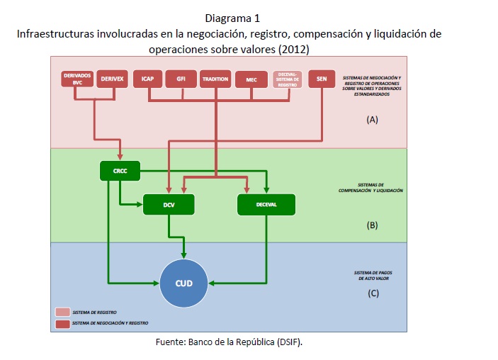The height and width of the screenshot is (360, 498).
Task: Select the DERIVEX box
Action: (111, 79)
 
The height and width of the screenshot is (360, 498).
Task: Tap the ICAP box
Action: (147, 79)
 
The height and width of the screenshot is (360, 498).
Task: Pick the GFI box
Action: (180, 79)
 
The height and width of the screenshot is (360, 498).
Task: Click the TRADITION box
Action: (215, 79)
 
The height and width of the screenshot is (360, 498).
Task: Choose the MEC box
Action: (251, 79)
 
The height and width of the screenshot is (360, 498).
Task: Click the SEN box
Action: (322, 79)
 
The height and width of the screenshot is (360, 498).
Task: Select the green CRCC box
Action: (120, 171)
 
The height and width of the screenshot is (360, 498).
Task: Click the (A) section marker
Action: (373, 120)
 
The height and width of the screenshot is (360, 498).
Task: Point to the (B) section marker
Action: (373, 225)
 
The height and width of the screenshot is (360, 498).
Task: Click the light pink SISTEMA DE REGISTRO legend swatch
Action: (62, 312)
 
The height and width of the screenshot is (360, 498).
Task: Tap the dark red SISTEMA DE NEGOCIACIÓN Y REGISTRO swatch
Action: (62, 322)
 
